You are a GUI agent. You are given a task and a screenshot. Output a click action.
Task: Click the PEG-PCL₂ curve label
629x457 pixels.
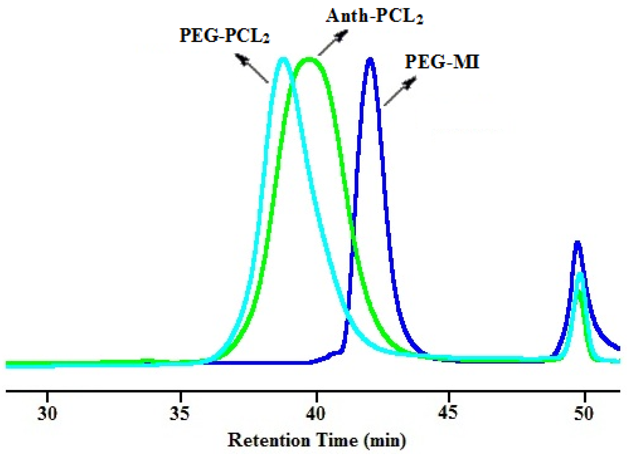(x=224, y=36)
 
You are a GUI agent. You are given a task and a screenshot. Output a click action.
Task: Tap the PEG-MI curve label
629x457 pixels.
(x=442, y=62)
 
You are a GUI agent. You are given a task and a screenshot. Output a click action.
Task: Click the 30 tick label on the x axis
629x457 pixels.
(x=47, y=414)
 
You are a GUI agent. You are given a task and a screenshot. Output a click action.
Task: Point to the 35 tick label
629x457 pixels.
(x=180, y=414)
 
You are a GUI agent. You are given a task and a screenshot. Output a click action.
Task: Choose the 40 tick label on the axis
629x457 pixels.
(x=316, y=414)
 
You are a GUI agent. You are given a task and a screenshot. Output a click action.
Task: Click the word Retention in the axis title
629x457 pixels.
(x=268, y=441)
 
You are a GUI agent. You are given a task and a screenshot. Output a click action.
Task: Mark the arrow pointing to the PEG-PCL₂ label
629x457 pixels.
(x=252, y=68)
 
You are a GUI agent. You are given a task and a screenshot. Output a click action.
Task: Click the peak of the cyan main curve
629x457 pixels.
(x=283, y=59)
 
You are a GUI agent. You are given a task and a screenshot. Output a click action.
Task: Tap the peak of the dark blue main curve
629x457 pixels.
(x=370, y=59)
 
